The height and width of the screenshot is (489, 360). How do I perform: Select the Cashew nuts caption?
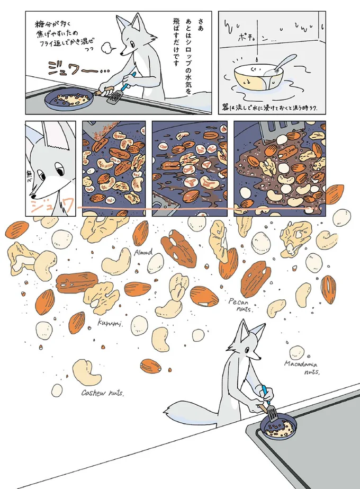(103, 393)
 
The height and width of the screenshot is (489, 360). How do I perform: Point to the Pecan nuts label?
(241, 305)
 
